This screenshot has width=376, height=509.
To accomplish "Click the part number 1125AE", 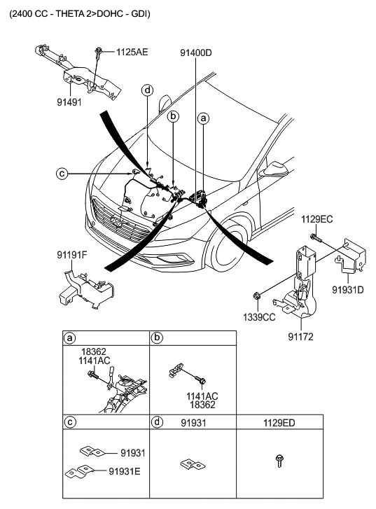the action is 132,52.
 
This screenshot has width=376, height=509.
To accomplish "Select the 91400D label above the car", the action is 196,53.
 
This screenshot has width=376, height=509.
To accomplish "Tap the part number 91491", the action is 69,102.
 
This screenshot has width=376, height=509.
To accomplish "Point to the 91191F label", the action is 72,255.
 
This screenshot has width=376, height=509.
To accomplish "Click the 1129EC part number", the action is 317,219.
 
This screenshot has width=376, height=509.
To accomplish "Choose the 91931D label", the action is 348,290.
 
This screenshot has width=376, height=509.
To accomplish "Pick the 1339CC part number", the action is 259,317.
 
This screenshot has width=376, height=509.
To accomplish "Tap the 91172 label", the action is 300,337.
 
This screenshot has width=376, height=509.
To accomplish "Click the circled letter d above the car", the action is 148,90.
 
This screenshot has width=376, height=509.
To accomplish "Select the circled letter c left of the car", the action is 62,174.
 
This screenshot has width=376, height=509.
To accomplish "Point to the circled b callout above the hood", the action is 174,116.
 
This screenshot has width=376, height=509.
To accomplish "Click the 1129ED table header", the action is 279,423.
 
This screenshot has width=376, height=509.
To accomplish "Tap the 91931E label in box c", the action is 125,471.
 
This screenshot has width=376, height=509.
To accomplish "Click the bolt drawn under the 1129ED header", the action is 279,461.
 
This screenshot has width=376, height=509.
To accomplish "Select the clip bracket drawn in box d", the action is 193,464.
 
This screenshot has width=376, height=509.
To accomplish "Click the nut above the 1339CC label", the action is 256,295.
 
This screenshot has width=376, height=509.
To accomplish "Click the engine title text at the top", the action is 80,14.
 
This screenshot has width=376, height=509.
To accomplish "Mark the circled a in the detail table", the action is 69,338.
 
